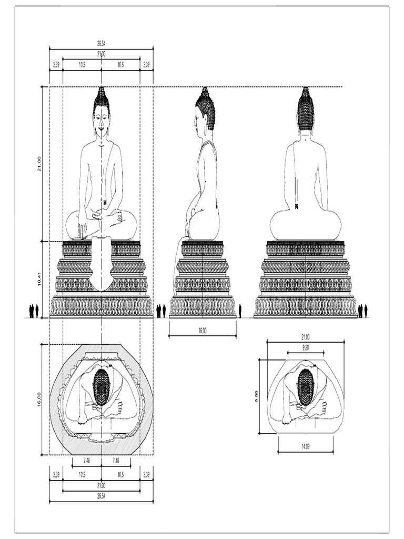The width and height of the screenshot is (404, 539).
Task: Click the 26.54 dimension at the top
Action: [101, 44]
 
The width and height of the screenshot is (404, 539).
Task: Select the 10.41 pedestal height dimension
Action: [39, 280]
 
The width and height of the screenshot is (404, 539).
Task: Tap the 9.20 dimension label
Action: [305, 347]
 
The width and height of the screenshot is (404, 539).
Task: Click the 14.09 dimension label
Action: [305, 446]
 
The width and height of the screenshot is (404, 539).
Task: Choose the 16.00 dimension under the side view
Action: [202, 331]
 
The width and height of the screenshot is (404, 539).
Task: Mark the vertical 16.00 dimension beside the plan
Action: [39, 399]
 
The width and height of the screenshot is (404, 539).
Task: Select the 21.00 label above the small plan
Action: [305, 336]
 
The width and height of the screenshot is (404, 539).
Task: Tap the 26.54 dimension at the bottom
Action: [101, 496]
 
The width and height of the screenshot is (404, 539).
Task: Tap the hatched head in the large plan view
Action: [102, 386]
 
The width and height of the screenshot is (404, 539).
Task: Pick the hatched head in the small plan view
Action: [305, 386]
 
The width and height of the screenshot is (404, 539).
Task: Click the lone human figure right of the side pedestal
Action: [240, 311]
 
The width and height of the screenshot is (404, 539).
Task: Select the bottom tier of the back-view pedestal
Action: [305, 306]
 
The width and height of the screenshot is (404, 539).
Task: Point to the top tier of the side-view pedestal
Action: [203, 248]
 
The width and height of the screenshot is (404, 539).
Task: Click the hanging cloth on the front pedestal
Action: [100, 263]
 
